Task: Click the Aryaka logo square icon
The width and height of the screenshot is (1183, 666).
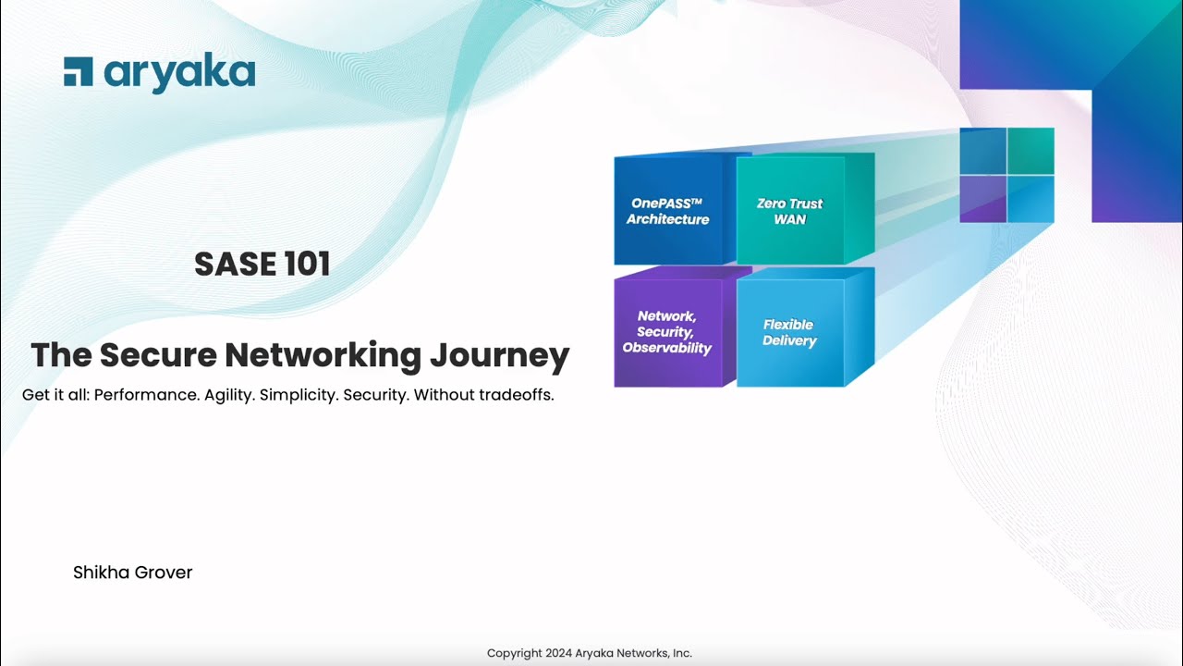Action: [78, 71]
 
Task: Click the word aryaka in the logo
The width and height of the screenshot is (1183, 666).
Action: [178, 73]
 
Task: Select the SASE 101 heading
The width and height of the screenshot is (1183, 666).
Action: [262, 265]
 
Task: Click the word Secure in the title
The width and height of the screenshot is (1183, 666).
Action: [158, 355]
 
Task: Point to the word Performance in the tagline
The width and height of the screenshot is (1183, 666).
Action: [145, 395]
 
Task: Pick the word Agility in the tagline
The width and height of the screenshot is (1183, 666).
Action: [228, 395]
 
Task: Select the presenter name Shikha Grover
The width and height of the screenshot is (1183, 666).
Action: [132, 573]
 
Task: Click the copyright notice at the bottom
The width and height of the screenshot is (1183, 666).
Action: [589, 653]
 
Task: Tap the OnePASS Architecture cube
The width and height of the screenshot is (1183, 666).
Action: [667, 212]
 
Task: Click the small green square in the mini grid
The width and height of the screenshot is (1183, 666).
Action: [1031, 151]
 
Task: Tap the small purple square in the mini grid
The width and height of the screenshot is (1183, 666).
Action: [982, 199]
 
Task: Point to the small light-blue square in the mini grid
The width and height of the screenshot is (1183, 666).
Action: [1031, 199]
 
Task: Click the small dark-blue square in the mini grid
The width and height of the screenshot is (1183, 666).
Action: [982, 151]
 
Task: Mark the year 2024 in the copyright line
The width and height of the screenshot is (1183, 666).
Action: [553, 653]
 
